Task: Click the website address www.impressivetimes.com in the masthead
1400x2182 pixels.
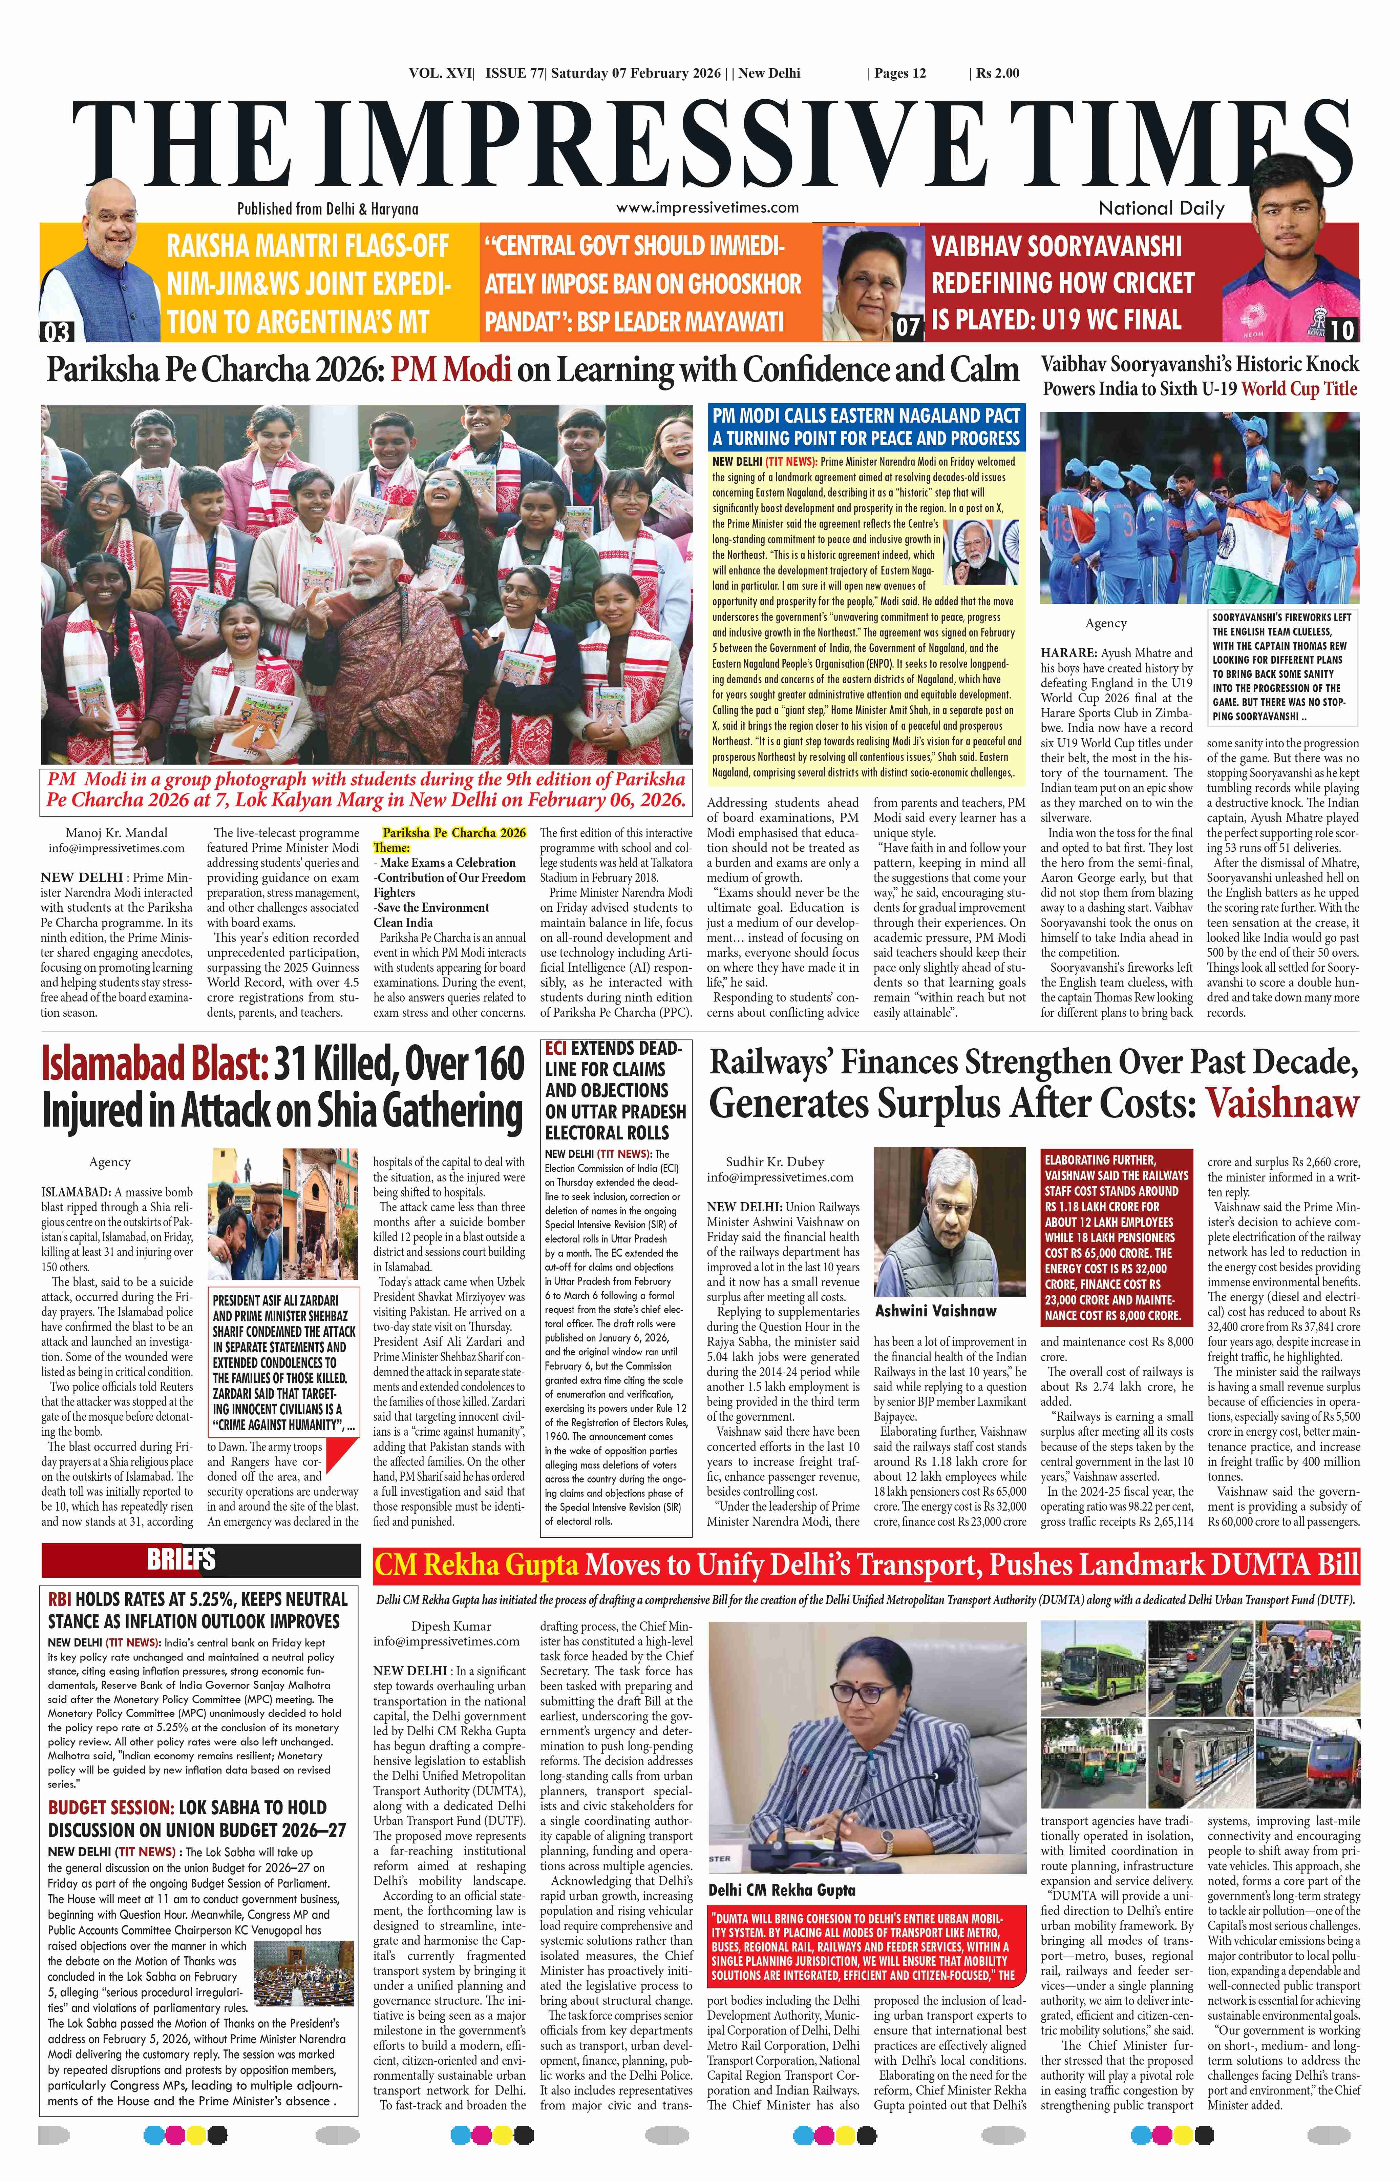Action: point(707,207)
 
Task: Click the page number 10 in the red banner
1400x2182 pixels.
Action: point(1341,329)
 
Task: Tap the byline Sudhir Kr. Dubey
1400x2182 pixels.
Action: point(775,1161)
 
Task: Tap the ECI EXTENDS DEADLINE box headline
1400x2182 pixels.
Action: point(615,1091)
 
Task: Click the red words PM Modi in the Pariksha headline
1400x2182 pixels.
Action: point(452,370)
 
